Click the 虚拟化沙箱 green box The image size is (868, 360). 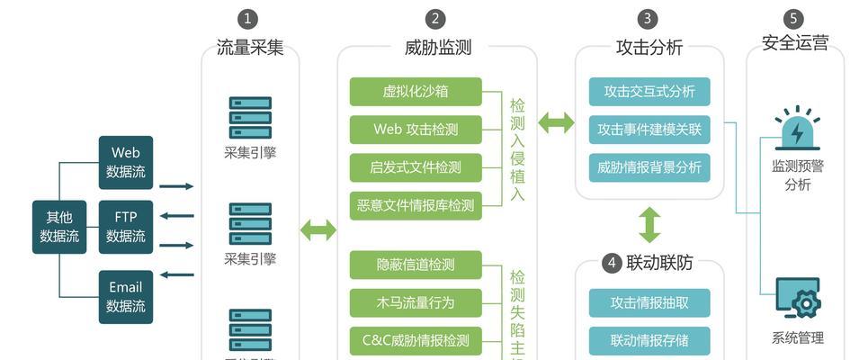tap(416, 92)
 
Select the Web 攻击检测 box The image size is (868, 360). tap(416, 130)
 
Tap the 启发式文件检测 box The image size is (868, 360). tap(416, 167)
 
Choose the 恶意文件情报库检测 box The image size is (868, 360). tap(416, 205)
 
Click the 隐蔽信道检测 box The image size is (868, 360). tap(416, 265)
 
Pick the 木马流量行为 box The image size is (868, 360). tap(416, 302)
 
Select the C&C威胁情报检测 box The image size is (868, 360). tap(416, 340)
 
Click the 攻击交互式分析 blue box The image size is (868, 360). tap(649, 92)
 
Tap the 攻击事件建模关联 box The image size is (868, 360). tap(649, 130)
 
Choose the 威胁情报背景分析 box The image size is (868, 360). tap(649, 167)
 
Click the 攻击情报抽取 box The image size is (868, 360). tap(649, 302)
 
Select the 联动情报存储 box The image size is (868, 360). tap(649, 340)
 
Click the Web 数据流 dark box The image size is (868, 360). tap(126, 162)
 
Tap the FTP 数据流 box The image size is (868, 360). tap(126, 227)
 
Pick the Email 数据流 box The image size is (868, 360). tap(126, 296)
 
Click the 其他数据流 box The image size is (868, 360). tap(59, 227)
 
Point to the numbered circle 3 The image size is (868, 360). tap(649, 19)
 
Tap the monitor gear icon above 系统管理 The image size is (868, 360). tap(798, 301)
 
